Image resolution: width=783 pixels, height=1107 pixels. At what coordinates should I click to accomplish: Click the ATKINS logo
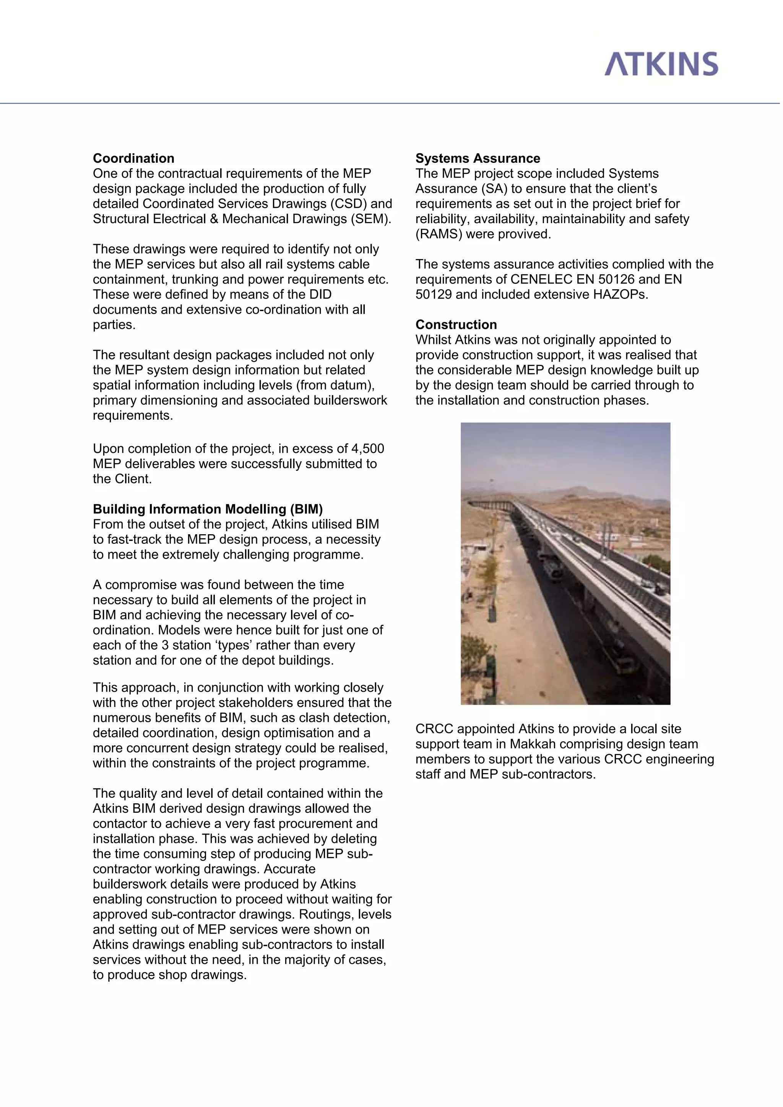click(661, 64)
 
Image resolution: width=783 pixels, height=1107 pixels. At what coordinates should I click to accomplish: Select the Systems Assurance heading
click(477, 158)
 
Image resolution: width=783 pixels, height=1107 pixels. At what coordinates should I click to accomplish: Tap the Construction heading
click(456, 324)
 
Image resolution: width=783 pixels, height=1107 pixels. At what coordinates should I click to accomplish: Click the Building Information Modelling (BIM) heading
click(208, 509)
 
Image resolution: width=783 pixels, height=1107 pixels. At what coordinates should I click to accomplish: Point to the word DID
click(320, 294)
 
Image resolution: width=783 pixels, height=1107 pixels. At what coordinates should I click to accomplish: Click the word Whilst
click(433, 340)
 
